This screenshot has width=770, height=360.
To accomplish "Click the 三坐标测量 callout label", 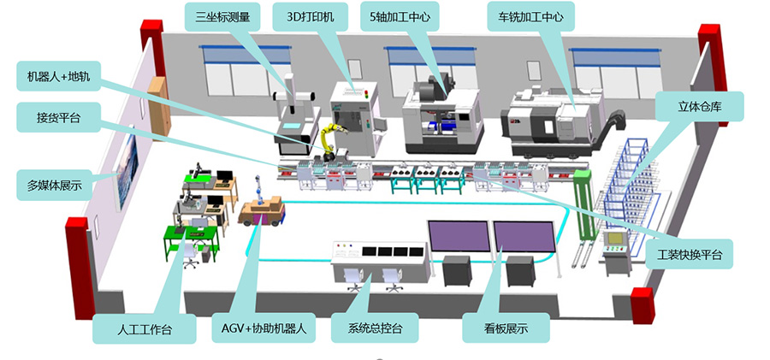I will pos(222,16).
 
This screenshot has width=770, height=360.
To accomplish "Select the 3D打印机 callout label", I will pos(313,16).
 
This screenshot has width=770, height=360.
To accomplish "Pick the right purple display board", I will pos(524,240).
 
